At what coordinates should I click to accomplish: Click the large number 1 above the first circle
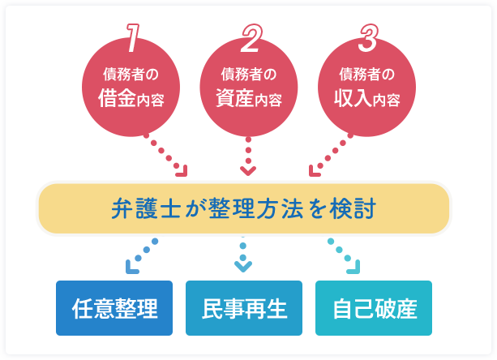click(x=131, y=36)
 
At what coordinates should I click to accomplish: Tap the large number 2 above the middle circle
click(x=249, y=36)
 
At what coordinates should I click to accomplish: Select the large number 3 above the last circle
click(x=367, y=36)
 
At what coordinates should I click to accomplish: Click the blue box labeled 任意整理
click(x=114, y=308)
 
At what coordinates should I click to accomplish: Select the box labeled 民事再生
click(x=244, y=308)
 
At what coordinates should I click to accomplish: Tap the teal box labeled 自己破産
click(x=374, y=308)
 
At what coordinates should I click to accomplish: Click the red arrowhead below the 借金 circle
click(x=182, y=170)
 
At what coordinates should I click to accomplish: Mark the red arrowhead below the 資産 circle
click(x=248, y=170)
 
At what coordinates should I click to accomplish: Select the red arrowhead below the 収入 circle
click(x=315, y=170)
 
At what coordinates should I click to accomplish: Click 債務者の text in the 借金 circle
click(x=131, y=75)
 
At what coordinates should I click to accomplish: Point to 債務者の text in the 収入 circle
click(x=366, y=75)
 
